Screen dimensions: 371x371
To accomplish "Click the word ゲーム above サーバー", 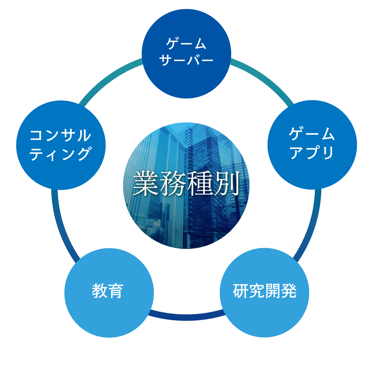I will [186, 44].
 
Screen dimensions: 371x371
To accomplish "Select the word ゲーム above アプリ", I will [312, 134].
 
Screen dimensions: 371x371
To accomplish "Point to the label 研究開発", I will [265, 291].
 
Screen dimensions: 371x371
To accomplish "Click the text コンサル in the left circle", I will [61, 135].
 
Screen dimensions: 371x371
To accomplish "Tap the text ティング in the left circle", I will [61, 154].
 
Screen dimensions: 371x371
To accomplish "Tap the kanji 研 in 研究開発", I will [241, 291].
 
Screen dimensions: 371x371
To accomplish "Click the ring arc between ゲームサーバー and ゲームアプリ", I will [263, 77].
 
